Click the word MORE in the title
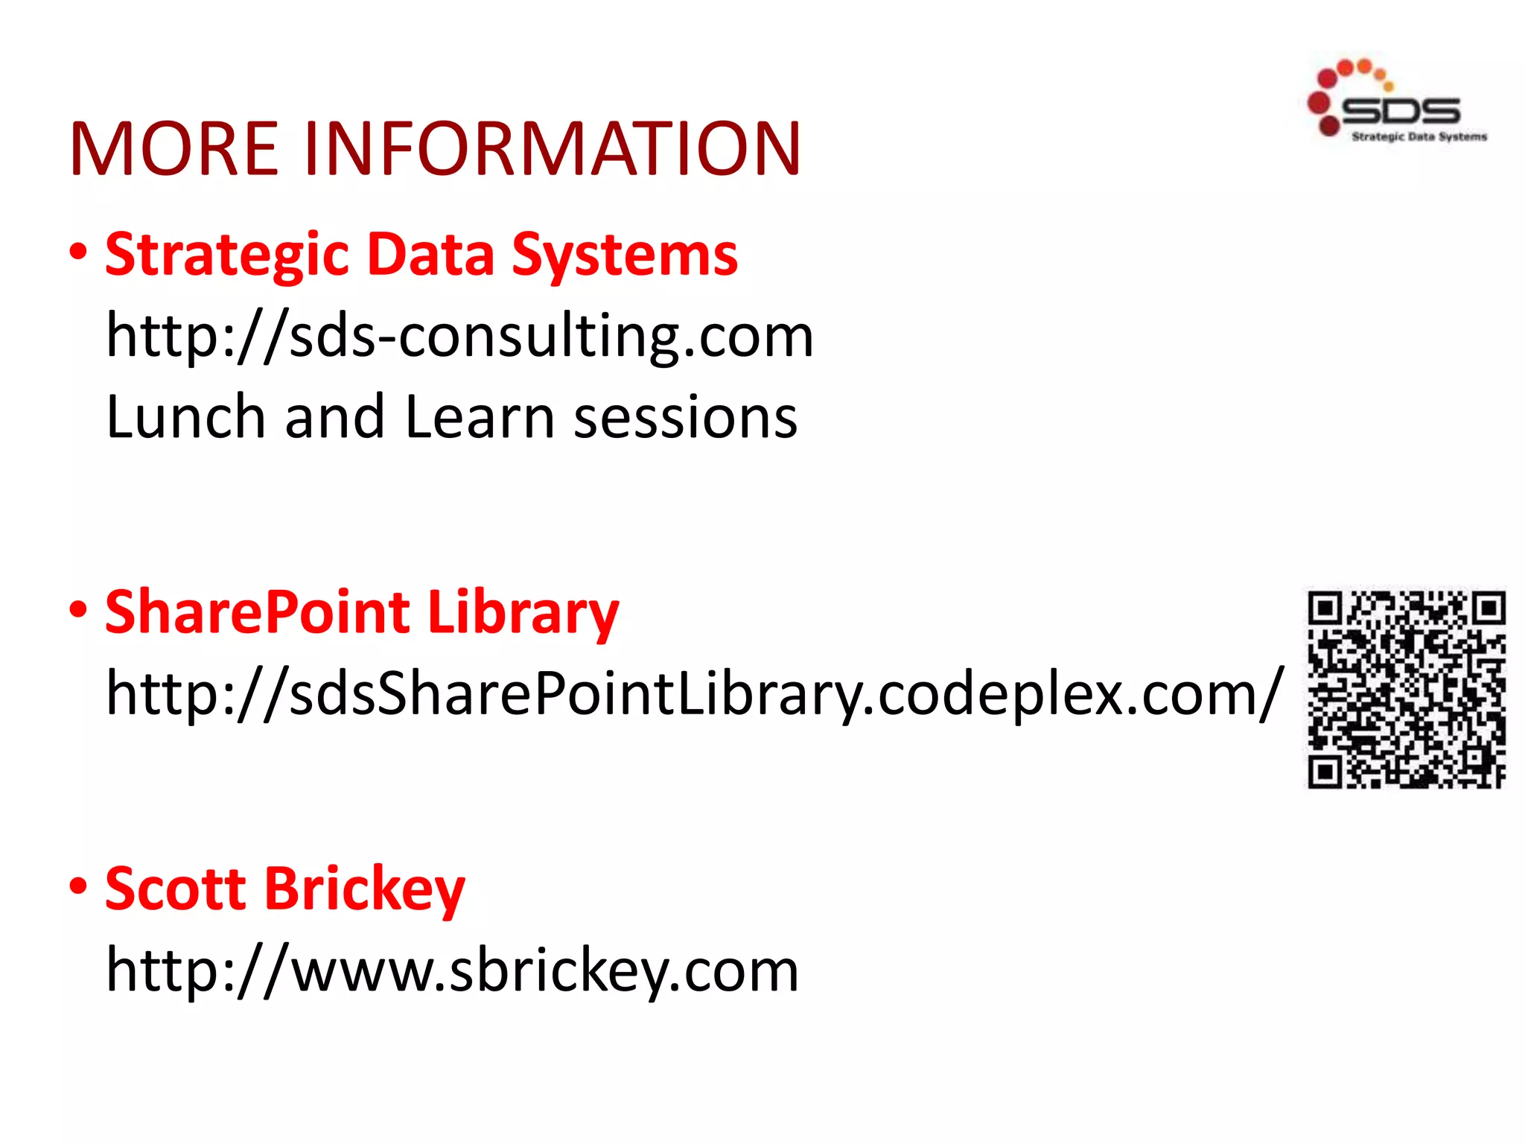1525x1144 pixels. coord(173,149)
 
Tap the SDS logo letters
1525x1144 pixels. coord(1400,110)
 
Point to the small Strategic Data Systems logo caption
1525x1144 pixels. coord(1419,136)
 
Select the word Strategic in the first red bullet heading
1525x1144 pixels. coord(226,255)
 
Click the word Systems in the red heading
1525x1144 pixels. coord(625,255)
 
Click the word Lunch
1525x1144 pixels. coord(185,417)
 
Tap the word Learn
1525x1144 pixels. coord(480,417)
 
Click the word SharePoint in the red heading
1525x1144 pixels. coord(257,612)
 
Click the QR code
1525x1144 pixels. coord(1407,690)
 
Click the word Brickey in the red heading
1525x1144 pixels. coord(364,890)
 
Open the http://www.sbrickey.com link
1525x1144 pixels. coord(452,971)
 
